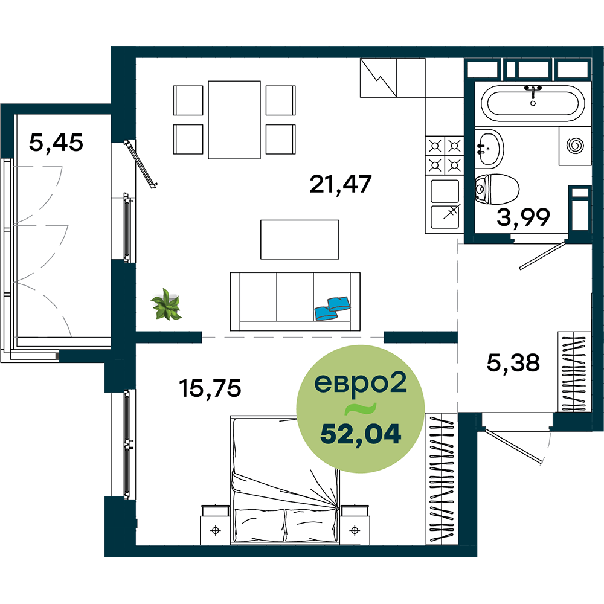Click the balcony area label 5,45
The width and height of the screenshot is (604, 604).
click(x=56, y=143)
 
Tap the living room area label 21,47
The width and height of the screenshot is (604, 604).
click(x=341, y=184)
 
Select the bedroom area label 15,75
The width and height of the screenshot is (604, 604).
click(x=210, y=388)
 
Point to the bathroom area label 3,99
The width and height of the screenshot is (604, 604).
click(x=523, y=217)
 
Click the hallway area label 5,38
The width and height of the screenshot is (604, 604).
click(x=513, y=362)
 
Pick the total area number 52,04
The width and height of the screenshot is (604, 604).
click(x=361, y=434)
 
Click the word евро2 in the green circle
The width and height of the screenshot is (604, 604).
click(x=361, y=383)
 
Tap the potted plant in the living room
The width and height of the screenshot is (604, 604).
click(x=167, y=304)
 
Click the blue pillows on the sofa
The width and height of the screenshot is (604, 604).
click(x=332, y=308)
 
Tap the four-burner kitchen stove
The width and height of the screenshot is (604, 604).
click(x=445, y=155)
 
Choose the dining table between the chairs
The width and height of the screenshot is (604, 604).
click(x=234, y=120)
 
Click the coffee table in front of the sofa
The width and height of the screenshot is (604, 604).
click(x=300, y=240)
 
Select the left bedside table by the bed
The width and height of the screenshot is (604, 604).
click(x=216, y=525)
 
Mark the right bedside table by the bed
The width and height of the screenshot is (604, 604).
click(x=355, y=525)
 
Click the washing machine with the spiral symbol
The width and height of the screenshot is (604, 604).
click(x=575, y=146)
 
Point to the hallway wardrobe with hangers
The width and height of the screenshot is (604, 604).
click(x=574, y=371)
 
